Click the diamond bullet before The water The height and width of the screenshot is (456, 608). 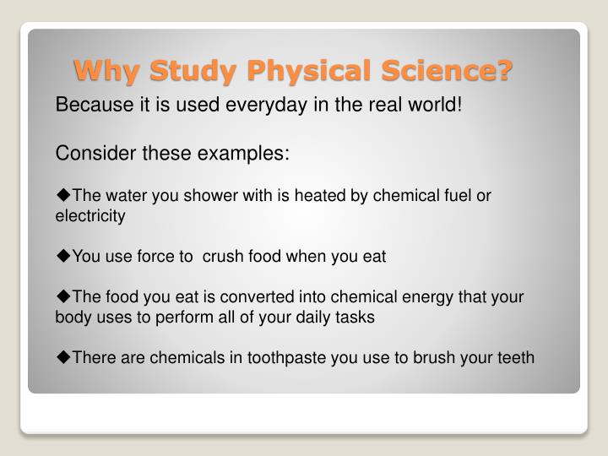point(62,196)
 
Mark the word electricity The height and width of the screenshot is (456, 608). point(90,215)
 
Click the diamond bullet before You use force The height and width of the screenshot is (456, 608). point(62,257)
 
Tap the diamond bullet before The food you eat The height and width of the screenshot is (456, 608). point(62,297)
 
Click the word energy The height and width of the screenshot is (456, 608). point(427,297)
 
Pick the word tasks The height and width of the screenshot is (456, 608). point(356,318)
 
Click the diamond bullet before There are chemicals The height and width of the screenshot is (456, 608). point(62,357)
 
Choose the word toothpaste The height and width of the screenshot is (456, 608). point(287,357)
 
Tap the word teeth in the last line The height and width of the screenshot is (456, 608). point(515,357)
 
